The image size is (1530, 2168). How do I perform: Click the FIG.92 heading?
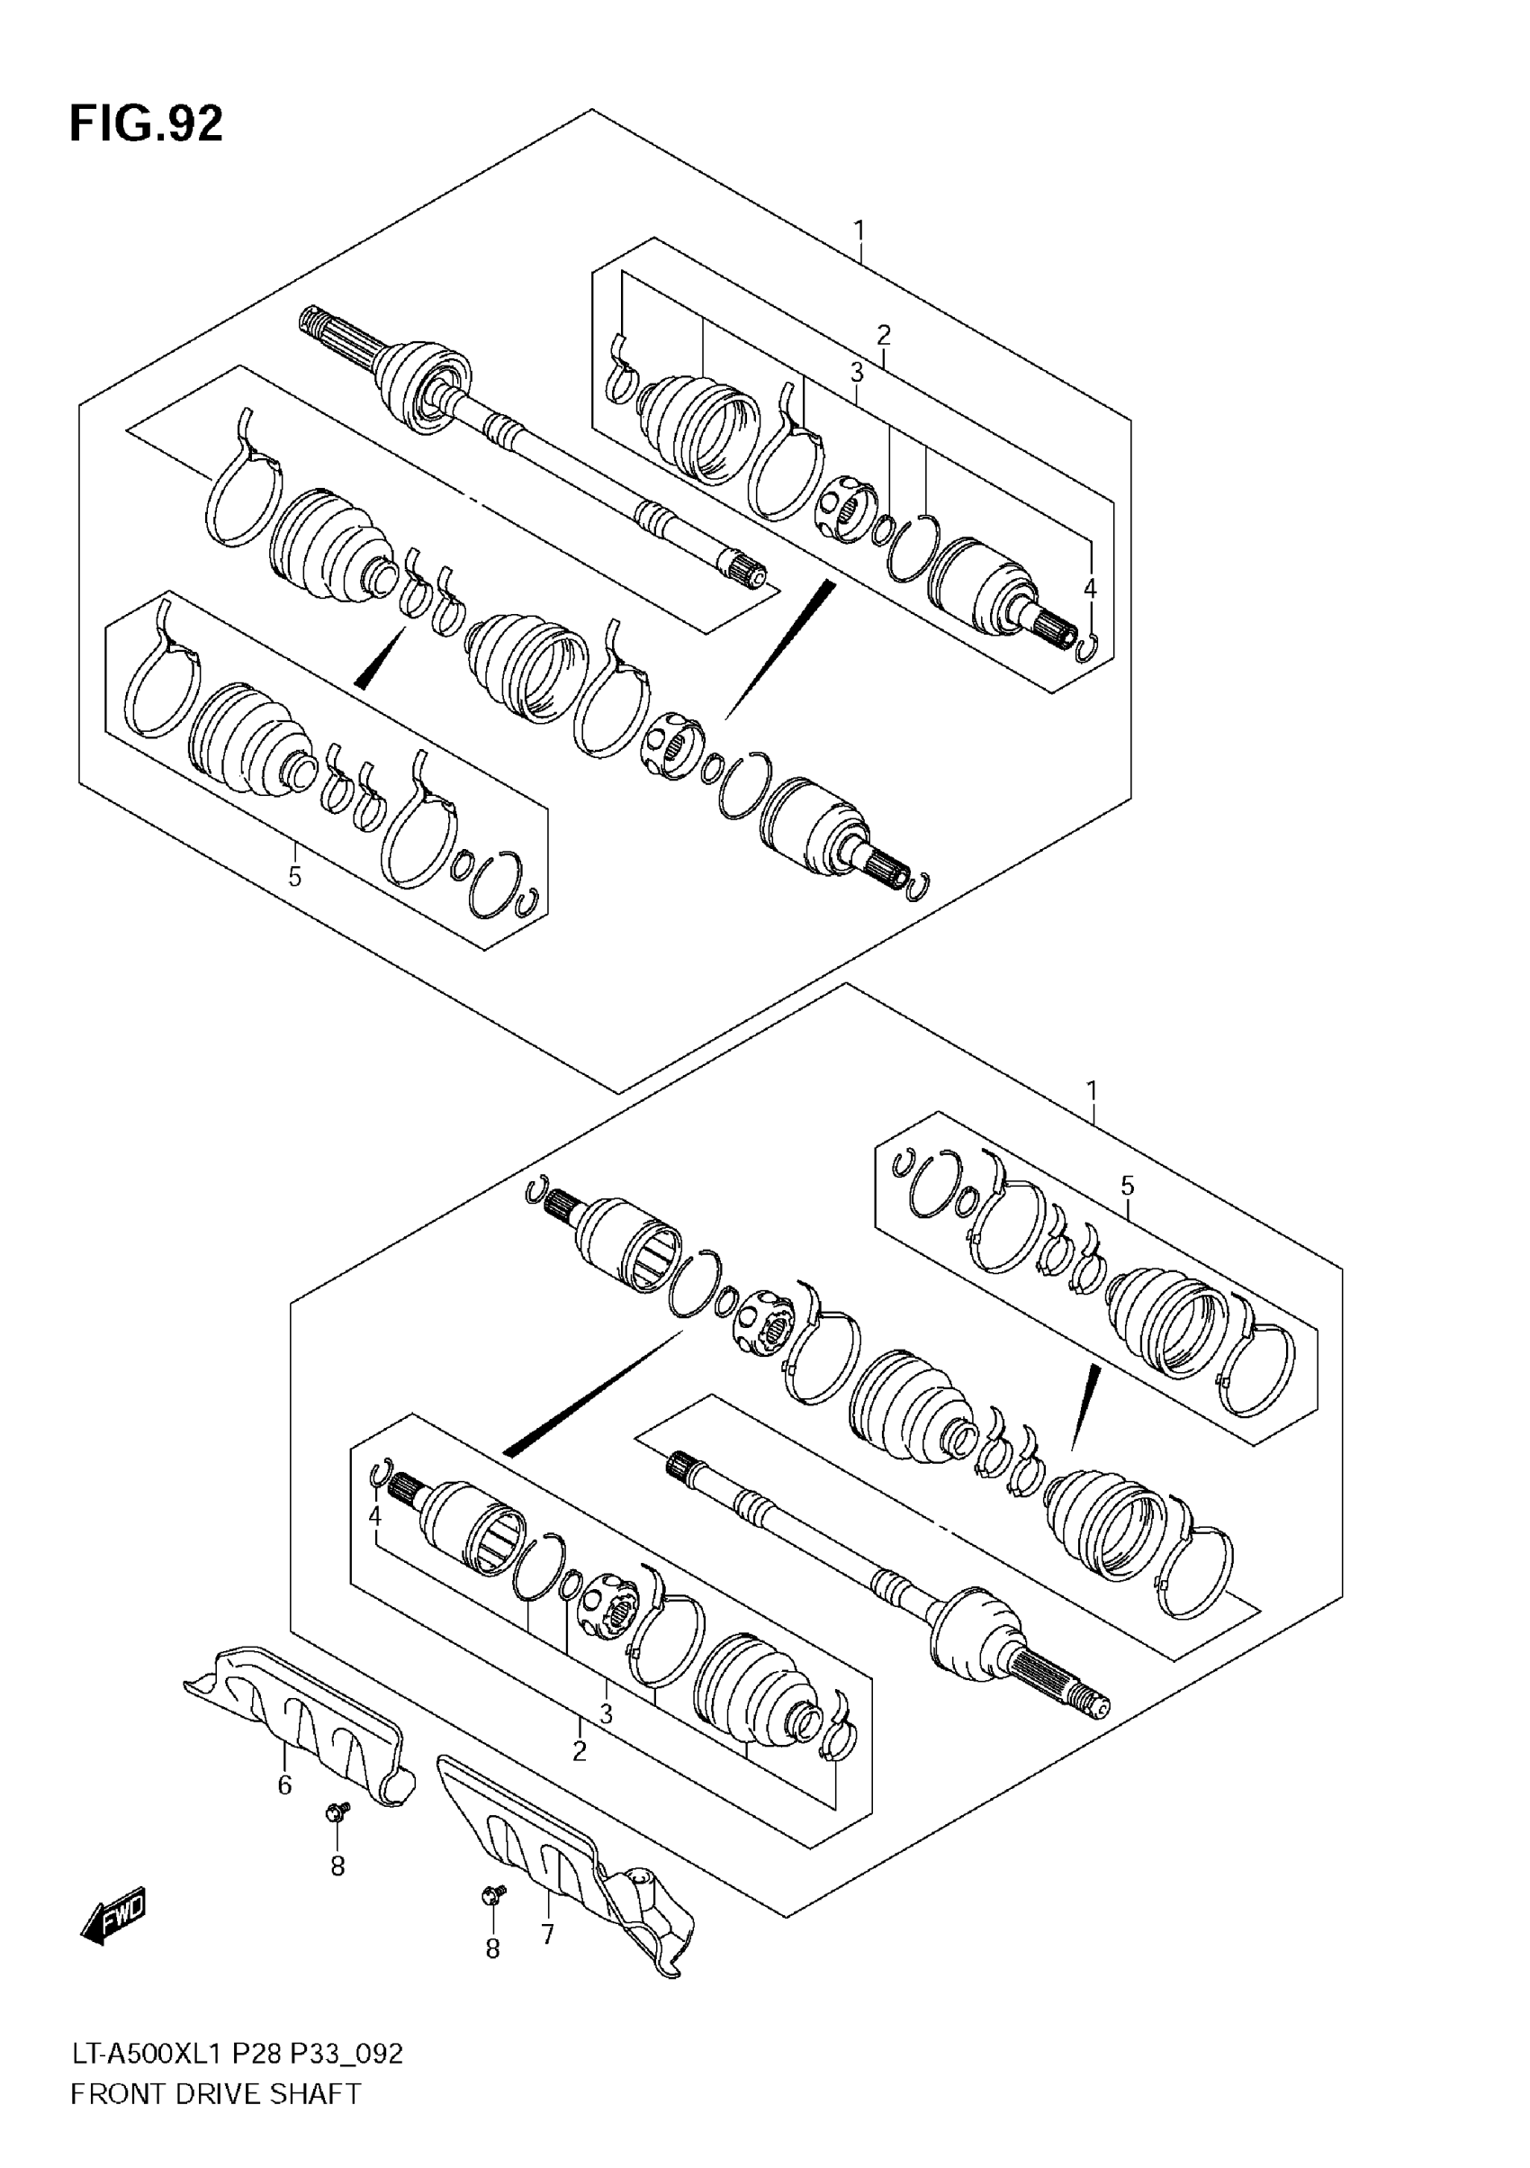pos(147,123)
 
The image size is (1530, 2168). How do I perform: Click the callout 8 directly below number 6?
pos(337,1865)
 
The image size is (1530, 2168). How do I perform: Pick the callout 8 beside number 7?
pos(491,1949)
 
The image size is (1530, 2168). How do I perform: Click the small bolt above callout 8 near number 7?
pos(491,1892)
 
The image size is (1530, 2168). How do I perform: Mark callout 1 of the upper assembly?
pos(859,230)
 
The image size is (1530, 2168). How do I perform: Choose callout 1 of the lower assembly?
pos(1092,1091)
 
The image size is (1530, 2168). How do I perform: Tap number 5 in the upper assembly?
pos(294,877)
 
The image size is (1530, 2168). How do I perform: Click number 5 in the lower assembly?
pos(1127,1186)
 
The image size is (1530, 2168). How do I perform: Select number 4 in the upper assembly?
pos(1090,589)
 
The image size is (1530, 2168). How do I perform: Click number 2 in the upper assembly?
pos(884,334)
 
